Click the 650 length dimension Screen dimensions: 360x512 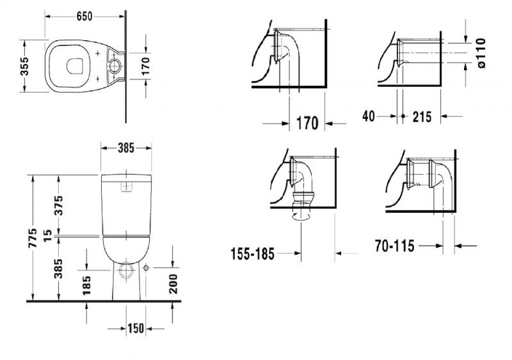pos(84,15)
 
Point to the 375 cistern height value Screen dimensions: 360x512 pos(58,205)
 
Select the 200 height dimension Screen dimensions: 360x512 pos(173,282)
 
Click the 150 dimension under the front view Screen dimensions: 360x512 pos(134,329)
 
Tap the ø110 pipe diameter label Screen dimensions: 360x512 pos(481,54)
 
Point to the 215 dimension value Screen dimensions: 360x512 pos(422,117)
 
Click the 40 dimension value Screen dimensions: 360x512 pos(369,116)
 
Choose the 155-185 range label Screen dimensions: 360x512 pos(252,254)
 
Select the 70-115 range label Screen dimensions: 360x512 pos(395,245)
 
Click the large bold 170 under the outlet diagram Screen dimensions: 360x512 pos(307,123)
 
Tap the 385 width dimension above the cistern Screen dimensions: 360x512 pos(125,148)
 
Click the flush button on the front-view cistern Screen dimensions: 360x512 pos(126,187)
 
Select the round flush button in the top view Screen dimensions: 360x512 pos(115,65)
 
